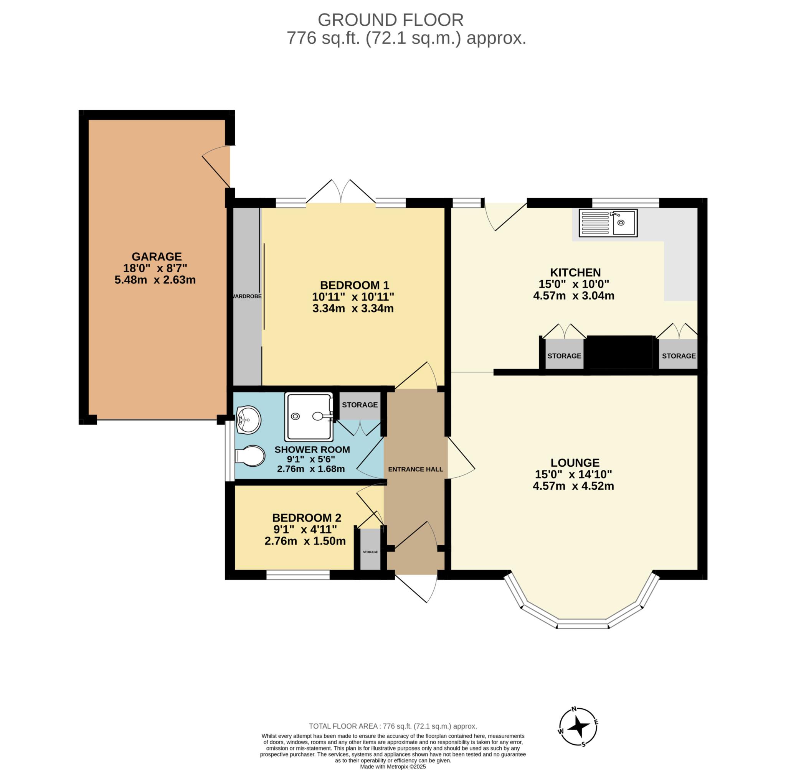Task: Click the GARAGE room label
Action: click(x=157, y=257)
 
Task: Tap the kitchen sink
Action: click(x=608, y=222)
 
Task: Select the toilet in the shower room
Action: click(x=250, y=456)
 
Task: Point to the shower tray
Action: click(x=309, y=416)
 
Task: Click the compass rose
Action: click(x=578, y=726)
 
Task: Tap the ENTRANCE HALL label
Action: click(x=416, y=469)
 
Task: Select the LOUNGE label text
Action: click(x=575, y=462)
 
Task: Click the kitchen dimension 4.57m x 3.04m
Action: click(x=574, y=296)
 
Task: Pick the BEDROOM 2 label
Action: click(x=307, y=518)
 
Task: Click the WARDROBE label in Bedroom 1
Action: click(x=247, y=296)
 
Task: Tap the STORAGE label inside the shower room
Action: click(x=360, y=405)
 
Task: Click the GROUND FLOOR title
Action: click(x=391, y=20)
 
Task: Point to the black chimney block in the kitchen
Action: click(x=621, y=352)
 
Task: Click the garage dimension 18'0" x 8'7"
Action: click(x=155, y=268)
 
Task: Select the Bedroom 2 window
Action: click(x=298, y=575)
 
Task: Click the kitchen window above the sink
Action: click(x=626, y=202)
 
